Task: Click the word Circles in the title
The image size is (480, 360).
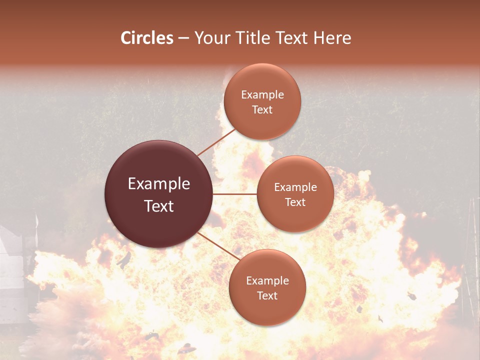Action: click(147, 38)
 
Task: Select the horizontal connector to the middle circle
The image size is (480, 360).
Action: click(235, 194)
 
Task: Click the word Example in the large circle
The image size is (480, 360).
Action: click(159, 184)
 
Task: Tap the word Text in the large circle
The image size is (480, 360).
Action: click(159, 206)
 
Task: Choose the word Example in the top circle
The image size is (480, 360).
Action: click(262, 95)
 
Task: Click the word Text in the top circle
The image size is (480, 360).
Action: click(262, 109)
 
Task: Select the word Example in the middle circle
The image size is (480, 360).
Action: click(295, 187)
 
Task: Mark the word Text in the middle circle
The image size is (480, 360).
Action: click(295, 202)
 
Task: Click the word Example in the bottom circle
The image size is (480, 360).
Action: click(267, 281)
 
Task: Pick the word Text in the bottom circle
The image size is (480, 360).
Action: click(267, 295)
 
